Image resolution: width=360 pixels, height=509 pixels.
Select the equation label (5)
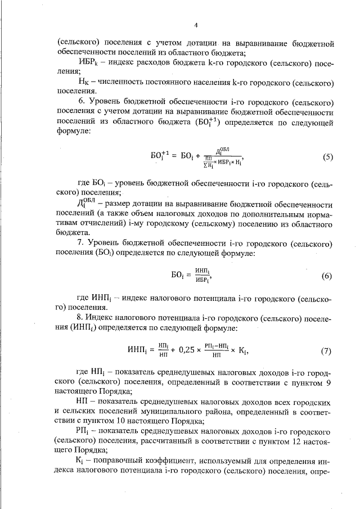click(328, 157)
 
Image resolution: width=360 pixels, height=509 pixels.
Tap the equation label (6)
click(327, 276)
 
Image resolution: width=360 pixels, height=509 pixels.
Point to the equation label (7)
click(327, 352)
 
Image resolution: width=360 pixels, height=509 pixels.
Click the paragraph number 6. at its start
click(80, 101)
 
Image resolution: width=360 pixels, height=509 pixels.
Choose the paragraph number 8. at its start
click(80, 318)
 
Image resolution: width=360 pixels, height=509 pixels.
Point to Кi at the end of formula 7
click(242, 352)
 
